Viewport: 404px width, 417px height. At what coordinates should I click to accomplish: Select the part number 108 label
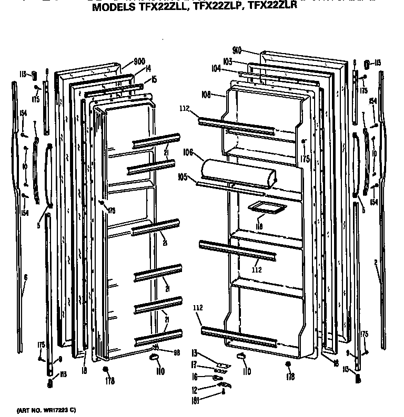click(206, 95)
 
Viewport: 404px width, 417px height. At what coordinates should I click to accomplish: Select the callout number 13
click(194, 352)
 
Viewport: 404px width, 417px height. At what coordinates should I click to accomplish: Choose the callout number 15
click(154, 79)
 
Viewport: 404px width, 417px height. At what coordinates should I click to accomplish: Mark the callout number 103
click(227, 61)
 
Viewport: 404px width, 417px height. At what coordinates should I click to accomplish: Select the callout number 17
click(194, 365)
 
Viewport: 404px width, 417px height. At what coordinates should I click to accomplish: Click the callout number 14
click(148, 68)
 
